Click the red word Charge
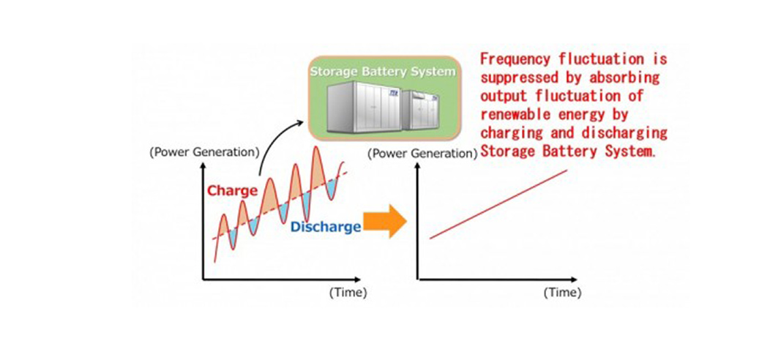click(x=232, y=191)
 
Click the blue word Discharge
click(x=326, y=227)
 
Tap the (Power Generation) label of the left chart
click(x=204, y=153)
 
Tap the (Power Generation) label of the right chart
click(x=422, y=154)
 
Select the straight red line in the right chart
click(x=498, y=204)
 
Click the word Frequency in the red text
click(x=516, y=58)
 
